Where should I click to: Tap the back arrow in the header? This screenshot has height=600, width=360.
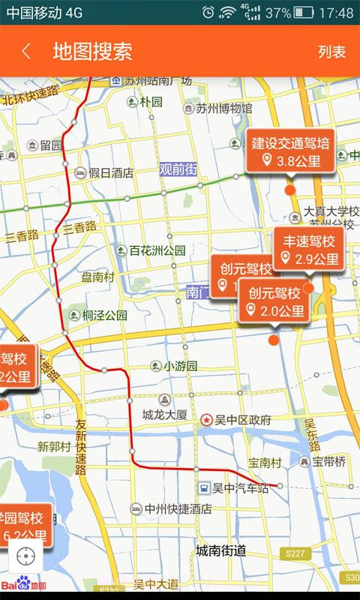pos(26,51)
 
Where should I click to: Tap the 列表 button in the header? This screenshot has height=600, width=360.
pos(331,52)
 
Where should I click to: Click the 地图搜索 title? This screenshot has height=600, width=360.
pos(92,51)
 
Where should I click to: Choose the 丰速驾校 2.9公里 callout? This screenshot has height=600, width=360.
pos(308,250)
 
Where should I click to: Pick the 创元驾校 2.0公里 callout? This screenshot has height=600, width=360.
pos(274,301)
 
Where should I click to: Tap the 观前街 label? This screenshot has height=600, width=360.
pos(178,169)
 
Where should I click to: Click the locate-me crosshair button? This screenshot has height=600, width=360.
pos(26,556)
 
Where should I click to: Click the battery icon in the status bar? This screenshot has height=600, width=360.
pos(304,13)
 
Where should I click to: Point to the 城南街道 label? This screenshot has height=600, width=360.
pos(221,550)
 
